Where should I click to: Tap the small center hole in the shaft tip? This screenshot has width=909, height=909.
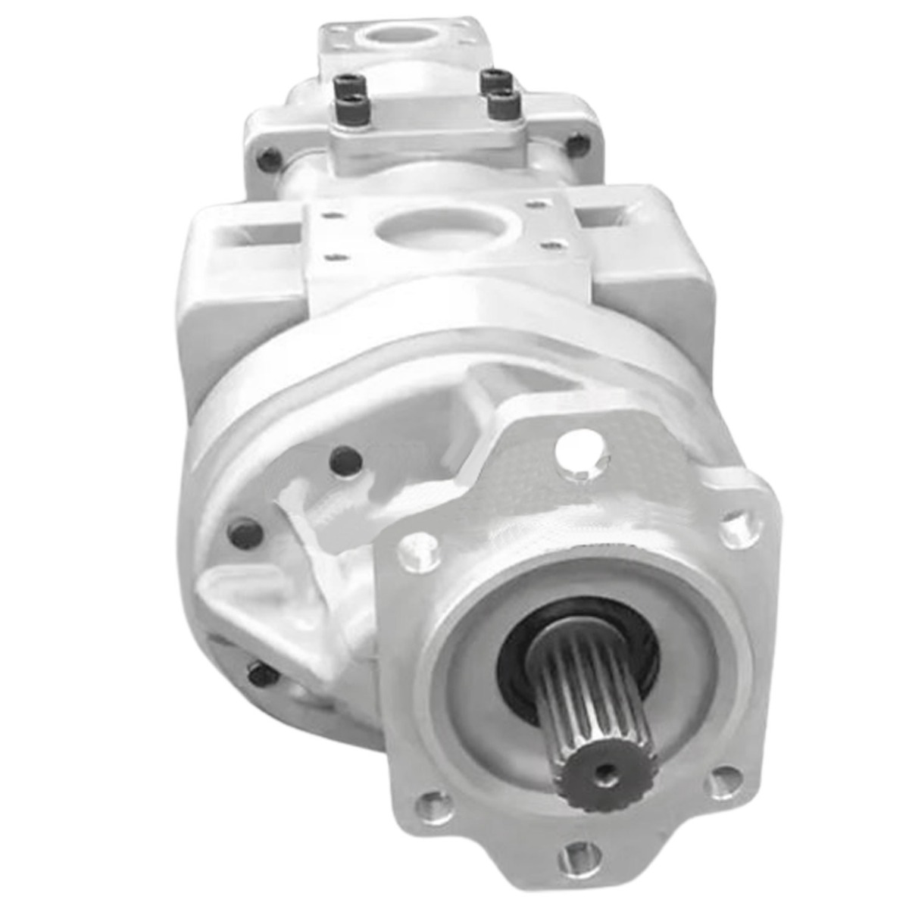604,772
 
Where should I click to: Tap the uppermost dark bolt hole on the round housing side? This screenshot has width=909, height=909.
345,461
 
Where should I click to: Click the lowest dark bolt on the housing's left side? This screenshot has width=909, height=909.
261,673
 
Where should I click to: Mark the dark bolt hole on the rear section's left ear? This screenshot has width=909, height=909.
269,160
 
